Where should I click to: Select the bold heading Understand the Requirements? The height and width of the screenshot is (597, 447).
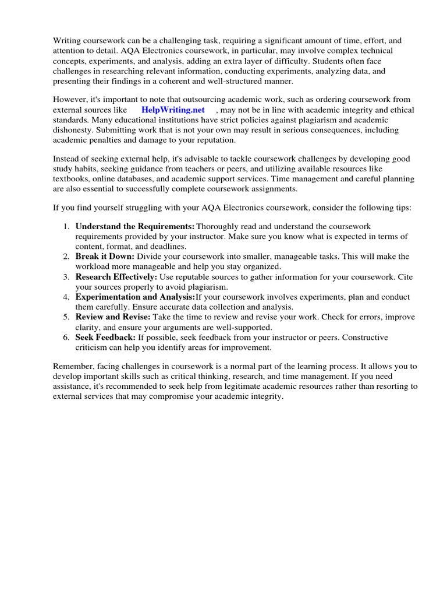[135, 226]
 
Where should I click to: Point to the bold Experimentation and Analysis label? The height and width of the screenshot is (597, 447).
[136, 297]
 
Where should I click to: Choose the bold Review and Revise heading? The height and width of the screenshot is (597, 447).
[113, 317]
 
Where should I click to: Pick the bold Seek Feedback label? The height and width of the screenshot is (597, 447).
[105, 338]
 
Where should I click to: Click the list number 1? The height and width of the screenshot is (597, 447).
[66, 226]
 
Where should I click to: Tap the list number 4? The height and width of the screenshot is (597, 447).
[66, 297]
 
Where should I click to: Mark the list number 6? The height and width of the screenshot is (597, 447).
[66, 338]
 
